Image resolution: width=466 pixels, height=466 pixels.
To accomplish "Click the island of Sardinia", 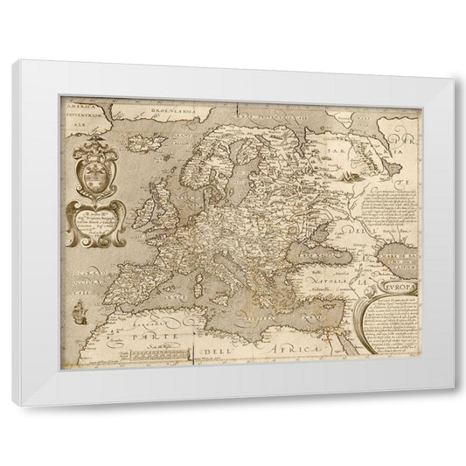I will [x=212, y=282].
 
